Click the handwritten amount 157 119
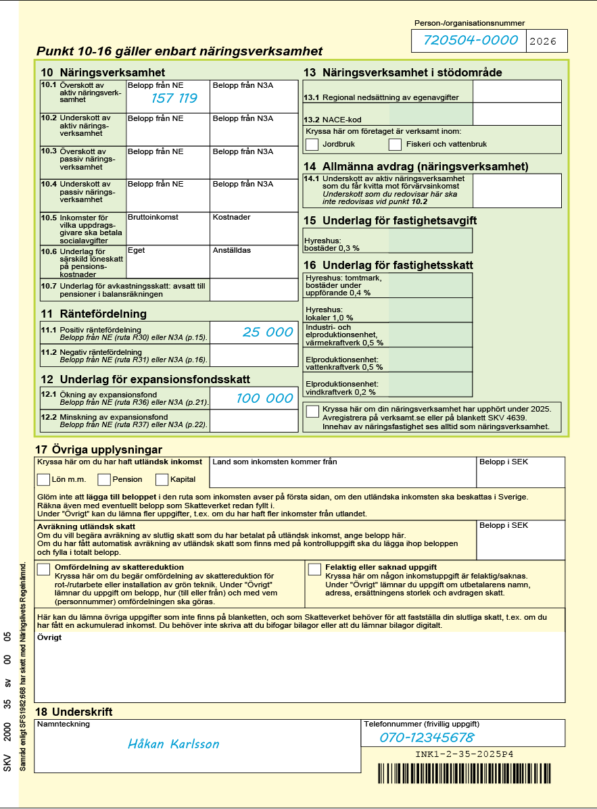174,99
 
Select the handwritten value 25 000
268,332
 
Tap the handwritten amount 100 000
264,398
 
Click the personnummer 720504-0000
471,41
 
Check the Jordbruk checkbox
312,144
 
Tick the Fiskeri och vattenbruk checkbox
396,144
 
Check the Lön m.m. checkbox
43,479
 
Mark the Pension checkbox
104,479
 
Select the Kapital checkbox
162,479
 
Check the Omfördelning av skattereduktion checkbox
44,569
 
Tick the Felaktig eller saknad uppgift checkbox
314,569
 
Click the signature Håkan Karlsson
174,744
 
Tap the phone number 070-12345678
427,737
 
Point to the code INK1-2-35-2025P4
464,754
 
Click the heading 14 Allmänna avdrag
415,166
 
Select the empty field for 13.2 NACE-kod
517,114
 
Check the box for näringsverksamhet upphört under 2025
312,411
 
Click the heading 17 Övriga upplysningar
99,450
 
